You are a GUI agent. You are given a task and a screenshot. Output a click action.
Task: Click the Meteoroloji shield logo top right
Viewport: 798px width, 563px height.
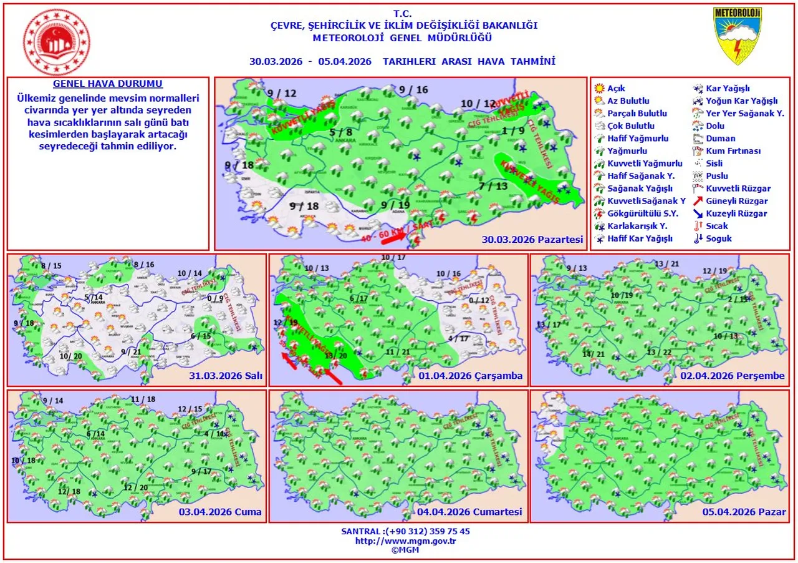click(738, 36)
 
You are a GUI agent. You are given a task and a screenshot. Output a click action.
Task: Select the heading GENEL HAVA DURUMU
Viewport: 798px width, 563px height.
click(108, 84)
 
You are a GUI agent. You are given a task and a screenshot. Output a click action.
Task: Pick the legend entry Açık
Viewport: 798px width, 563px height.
click(616, 89)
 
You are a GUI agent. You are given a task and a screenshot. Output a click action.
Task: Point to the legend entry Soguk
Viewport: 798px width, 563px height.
click(719, 238)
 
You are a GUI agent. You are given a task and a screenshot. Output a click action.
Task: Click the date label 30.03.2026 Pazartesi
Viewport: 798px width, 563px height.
click(532, 240)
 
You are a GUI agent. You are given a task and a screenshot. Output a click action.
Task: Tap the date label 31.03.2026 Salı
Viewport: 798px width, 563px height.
click(225, 376)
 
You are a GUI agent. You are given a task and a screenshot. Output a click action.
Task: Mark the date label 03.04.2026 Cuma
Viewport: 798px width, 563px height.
click(220, 512)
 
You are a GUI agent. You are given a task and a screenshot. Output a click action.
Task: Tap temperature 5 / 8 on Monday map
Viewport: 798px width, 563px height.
click(341, 132)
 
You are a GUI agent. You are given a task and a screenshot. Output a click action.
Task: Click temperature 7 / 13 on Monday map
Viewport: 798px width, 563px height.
click(494, 186)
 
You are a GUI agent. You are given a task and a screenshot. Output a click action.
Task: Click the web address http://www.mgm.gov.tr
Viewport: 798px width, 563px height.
click(405, 541)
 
